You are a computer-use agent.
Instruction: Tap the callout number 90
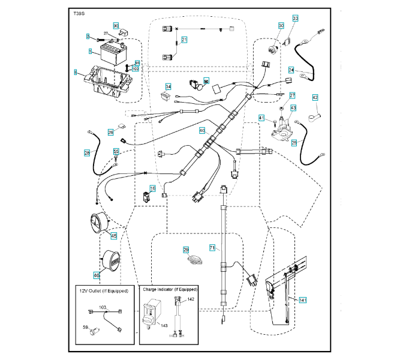[116, 26]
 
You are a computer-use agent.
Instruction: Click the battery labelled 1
[109, 58]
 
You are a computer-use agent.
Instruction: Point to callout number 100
[136, 69]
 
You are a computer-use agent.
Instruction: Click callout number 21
[185, 40]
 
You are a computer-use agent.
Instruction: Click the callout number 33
[294, 19]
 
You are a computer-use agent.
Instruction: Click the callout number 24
[291, 70]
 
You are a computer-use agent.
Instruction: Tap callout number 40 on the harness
[202, 130]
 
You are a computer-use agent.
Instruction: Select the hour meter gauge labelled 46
[110, 262]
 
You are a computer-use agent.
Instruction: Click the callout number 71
[212, 248]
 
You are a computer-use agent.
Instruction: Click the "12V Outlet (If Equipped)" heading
[104, 291]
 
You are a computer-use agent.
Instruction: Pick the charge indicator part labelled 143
[153, 314]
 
